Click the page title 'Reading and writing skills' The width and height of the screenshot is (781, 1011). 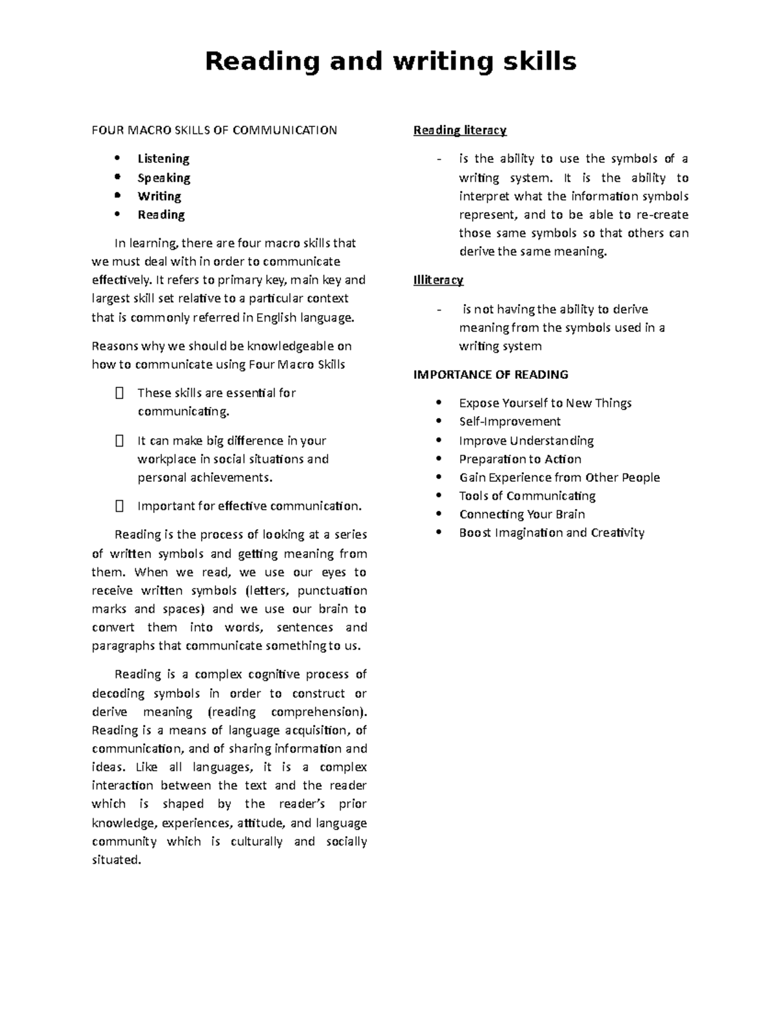point(390,62)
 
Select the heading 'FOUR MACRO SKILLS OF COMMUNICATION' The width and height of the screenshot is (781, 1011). point(214,130)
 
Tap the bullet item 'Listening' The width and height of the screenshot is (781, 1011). point(163,159)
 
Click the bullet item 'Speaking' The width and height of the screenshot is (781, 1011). point(164,178)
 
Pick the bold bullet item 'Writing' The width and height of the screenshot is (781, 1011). point(159,196)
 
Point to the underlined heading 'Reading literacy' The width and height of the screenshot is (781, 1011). point(459,130)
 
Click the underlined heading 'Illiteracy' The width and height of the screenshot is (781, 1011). point(438,280)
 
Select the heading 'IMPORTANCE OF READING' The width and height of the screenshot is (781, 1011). point(491,374)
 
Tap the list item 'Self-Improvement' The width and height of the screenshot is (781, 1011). point(510,422)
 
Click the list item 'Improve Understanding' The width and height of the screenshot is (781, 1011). point(526,441)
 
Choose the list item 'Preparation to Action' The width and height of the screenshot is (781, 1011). point(520,459)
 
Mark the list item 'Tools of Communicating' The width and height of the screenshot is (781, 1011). point(527,496)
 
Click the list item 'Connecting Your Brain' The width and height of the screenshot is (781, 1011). point(522,514)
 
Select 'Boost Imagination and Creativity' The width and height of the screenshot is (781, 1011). point(551,533)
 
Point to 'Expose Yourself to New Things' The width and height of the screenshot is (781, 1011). point(545,403)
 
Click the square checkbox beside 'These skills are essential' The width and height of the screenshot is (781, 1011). point(118,393)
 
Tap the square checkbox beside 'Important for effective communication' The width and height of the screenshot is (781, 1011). point(118,506)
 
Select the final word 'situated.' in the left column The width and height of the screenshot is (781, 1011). point(116,860)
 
